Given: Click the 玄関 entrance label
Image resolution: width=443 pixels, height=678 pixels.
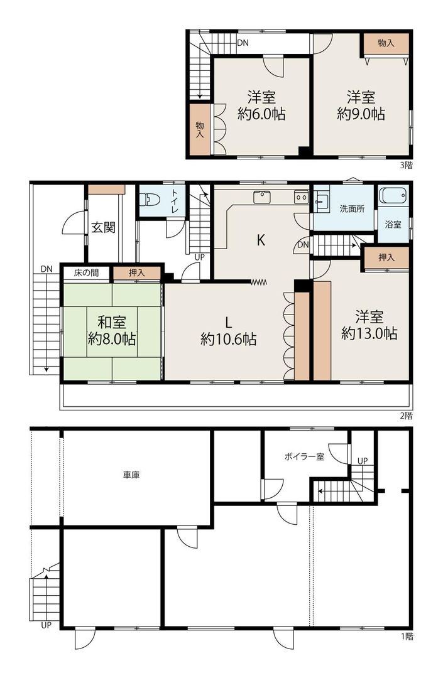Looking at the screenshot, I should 103,227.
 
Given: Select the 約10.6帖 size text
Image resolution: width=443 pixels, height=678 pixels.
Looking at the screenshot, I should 228,339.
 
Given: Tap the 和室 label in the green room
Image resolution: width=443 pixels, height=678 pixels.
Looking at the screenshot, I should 112,323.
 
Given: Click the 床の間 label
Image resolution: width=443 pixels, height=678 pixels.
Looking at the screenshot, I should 86,273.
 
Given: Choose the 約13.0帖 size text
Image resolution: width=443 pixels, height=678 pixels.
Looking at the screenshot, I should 369,333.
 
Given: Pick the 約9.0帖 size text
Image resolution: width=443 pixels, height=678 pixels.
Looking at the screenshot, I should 361,114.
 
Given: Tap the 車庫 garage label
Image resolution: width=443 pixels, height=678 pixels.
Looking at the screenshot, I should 131,475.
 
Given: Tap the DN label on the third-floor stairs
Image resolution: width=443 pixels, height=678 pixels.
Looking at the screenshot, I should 243,43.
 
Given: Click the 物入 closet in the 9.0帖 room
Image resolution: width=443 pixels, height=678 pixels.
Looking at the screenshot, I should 385,43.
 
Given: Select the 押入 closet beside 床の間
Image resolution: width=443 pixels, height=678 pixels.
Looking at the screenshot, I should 136,273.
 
